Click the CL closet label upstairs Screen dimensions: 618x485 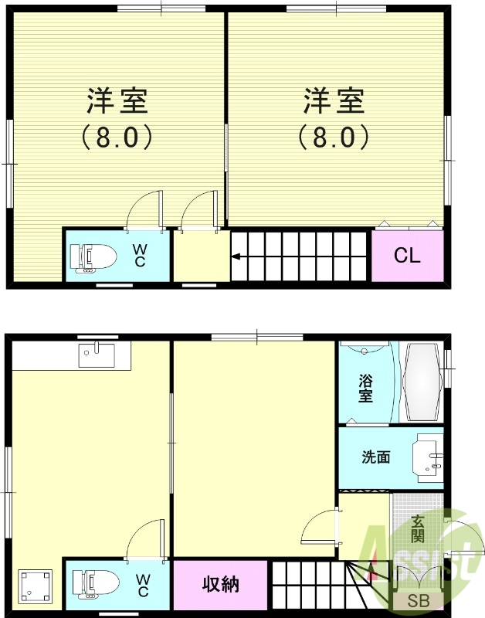(x=407, y=256)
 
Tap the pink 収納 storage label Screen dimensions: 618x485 (x=221, y=584)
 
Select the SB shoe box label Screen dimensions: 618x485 (x=418, y=600)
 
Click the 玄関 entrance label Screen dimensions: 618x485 (x=417, y=528)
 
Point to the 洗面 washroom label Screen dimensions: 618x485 (x=376, y=457)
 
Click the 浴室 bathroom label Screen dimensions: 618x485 (x=365, y=389)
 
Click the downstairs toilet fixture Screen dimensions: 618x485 (x=91, y=584)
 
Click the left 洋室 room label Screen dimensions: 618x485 (x=117, y=101)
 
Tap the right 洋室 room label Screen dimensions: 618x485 (x=334, y=101)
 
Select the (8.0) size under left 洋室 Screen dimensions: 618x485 (x=117, y=138)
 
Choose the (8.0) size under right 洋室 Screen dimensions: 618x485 (x=334, y=138)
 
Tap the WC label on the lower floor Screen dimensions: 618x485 (x=143, y=584)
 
